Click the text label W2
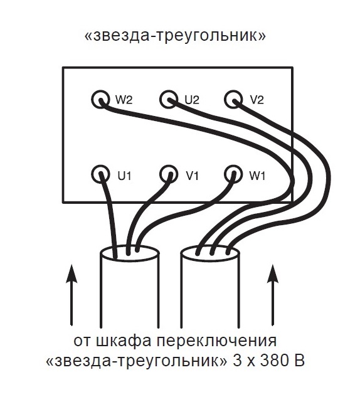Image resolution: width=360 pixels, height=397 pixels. coord(124,100)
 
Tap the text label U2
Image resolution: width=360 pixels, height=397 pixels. coord(192,100)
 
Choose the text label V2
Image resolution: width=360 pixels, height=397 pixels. coord(257,100)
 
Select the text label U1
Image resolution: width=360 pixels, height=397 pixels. coord(124,176)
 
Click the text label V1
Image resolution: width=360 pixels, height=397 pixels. coord(193,176)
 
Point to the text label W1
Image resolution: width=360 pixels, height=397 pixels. coord(257,176)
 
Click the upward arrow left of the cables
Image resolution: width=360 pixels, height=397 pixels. coord(71,295)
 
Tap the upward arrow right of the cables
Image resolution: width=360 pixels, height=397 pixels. coord(273,295)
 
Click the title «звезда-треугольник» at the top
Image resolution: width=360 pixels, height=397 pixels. coord(175,36)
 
